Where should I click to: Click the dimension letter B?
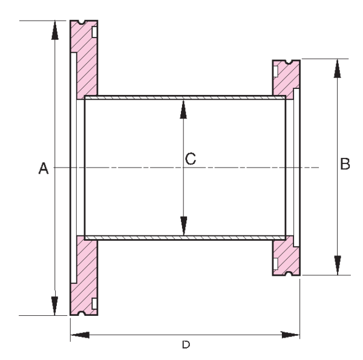pyautogui.click(x=345, y=164)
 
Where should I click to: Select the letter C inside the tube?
pyautogui.click(x=190, y=159)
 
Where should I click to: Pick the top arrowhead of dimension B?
pyautogui.click(x=336, y=68)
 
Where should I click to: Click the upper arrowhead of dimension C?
pyautogui.click(x=184, y=108)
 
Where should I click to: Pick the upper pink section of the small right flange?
pyautogui.click(x=284, y=79)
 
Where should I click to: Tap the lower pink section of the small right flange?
pyautogui.click(x=284, y=257)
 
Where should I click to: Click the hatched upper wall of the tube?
pyautogui.click(x=181, y=97)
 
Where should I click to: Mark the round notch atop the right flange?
pyautogui.click(x=287, y=61)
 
